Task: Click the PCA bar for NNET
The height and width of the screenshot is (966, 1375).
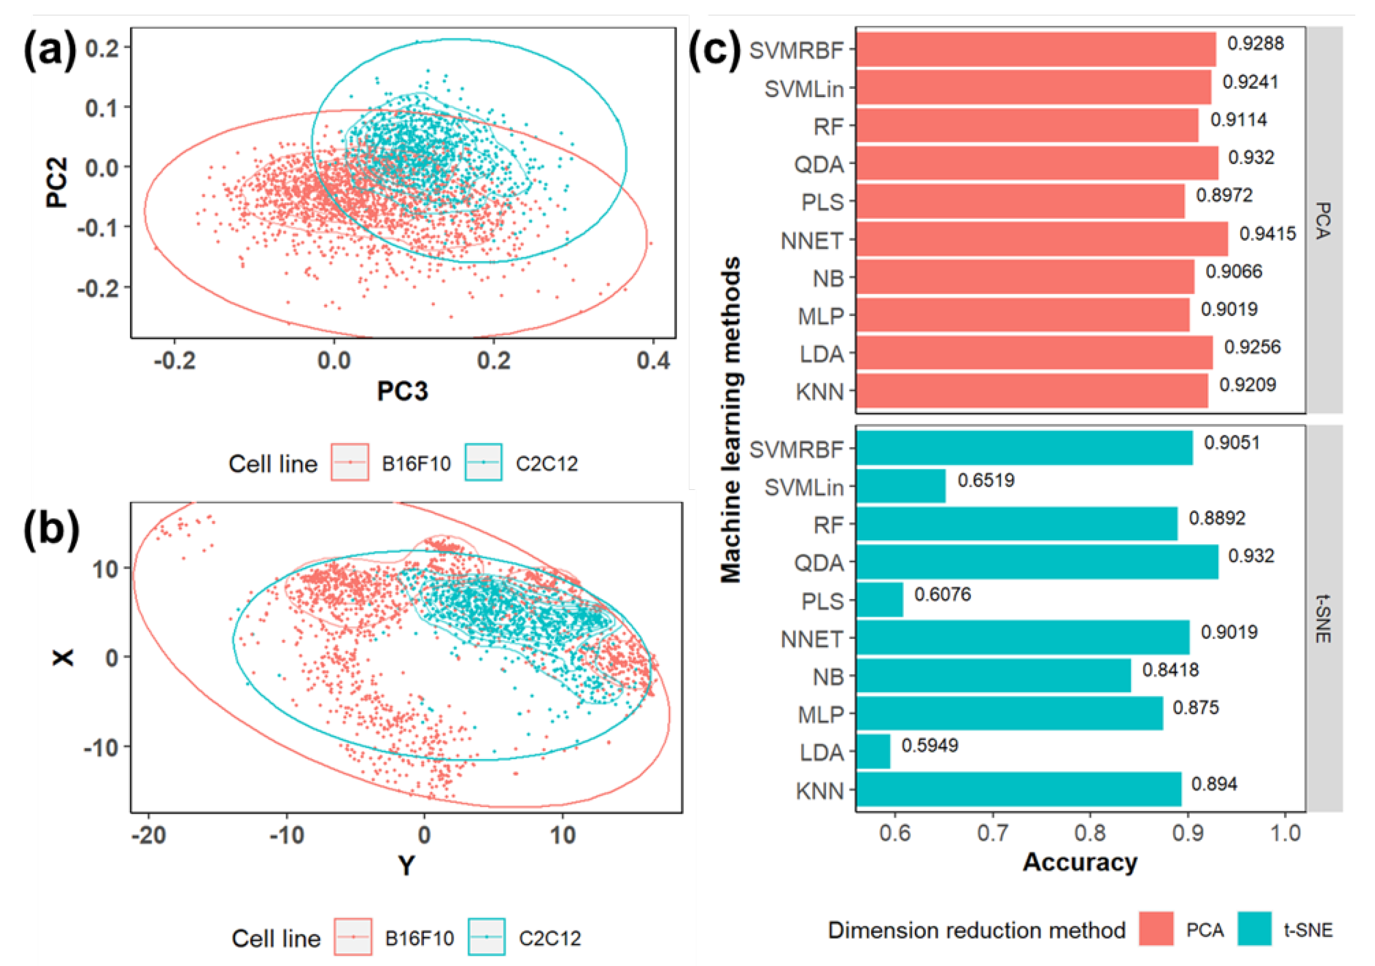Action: click(x=1042, y=239)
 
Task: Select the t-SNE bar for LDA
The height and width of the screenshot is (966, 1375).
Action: click(x=873, y=752)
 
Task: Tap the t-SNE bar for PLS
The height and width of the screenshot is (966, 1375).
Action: click(x=879, y=600)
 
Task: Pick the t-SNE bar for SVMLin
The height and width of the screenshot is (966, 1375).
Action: click(x=901, y=485)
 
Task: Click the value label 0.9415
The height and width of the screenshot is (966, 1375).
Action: click(x=1267, y=234)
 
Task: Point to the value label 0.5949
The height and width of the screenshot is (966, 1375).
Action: click(x=930, y=745)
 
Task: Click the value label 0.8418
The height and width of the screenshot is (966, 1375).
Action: click(x=1170, y=670)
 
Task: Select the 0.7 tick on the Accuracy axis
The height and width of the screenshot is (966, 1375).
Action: click(x=992, y=833)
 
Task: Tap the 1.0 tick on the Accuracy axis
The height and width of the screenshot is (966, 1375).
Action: click(x=1285, y=833)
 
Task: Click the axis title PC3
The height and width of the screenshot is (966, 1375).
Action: click(x=403, y=391)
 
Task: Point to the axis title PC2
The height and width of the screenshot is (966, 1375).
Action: click(x=57, y=183)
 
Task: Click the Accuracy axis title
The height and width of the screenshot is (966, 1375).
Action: click(x=1080, y=862)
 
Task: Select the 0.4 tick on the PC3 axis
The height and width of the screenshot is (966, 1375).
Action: click(x=653, y=360)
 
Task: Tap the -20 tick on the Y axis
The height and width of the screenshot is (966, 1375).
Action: click(x=149, y=835)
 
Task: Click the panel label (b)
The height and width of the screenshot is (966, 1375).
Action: click(x=51, y=529)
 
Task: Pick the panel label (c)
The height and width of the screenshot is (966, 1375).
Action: click(x=715, y=50)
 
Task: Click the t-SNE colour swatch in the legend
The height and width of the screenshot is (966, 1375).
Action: click(x=1254, y=929)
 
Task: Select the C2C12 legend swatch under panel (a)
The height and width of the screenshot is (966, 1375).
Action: click(x=483, y=462)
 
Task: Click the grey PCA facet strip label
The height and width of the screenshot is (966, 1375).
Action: click(x=1323, y=221)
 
